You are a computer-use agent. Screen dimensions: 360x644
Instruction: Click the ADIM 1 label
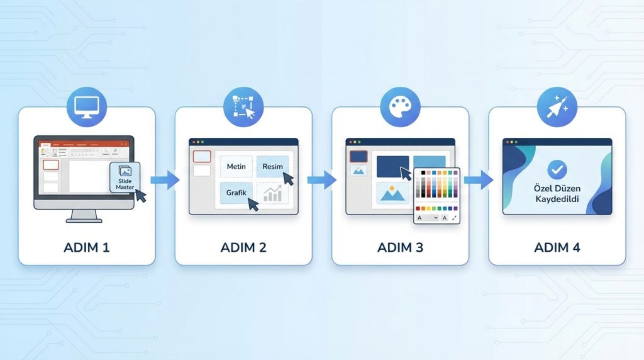87,247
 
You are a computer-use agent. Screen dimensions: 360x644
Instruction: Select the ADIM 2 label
243,247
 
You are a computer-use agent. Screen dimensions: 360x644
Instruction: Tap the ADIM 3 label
400,247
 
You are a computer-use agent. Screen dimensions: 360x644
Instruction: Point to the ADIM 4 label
557,247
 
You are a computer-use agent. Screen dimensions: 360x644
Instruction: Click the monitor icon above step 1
87,106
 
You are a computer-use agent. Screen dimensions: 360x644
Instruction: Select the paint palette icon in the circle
400,106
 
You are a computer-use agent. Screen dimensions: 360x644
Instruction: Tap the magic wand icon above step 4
557,106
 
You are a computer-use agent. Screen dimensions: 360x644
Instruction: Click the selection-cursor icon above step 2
243,106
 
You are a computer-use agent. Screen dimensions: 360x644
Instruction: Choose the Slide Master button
125,177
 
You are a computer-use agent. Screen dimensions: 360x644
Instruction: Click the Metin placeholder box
236,167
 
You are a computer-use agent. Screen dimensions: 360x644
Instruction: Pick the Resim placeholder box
273,167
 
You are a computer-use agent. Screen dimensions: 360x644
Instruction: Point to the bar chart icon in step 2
273,194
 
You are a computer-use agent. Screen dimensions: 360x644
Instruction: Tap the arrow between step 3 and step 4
479,181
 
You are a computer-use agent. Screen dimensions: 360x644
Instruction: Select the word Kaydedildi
557,199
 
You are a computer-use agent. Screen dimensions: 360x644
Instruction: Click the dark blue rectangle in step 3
392,167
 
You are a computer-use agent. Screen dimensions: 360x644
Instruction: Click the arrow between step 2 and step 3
321,181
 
